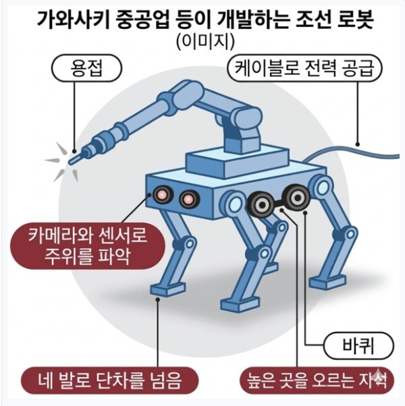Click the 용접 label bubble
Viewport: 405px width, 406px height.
click(86, 68)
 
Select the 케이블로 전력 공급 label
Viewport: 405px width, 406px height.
click(304, 68)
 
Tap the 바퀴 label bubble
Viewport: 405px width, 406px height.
click(359, 346)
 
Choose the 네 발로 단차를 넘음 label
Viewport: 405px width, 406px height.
click(110, 380)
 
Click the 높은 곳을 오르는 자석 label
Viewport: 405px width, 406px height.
click(317, 380)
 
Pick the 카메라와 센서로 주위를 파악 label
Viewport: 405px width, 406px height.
click(88, 245)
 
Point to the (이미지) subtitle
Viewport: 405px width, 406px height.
click(205, 42)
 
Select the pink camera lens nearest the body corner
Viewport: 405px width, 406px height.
click(163, 194)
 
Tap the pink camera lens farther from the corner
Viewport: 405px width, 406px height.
click(189, 200)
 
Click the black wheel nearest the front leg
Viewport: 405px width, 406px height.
click(261, 204)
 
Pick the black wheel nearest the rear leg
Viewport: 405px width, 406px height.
click(297, 198)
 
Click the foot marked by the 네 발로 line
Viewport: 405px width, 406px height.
click(168, 289)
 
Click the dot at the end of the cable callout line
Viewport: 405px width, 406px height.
click(358, 144)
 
